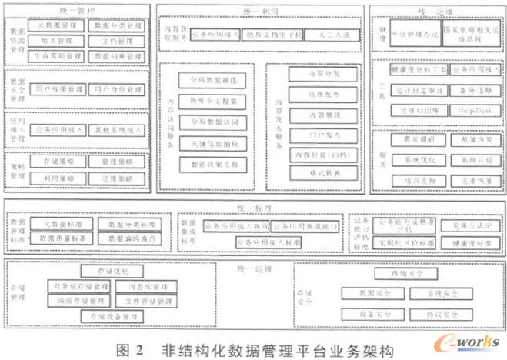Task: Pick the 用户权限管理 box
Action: [58, 91]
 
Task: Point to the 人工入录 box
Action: [323, 35]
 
